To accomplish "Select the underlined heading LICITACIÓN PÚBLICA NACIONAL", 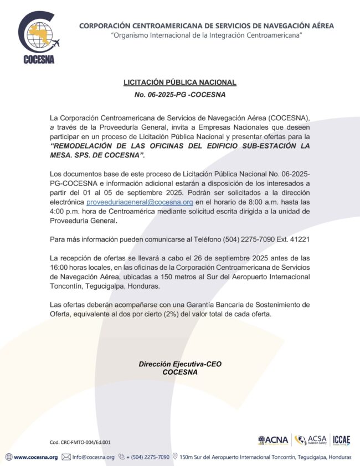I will point(180,83).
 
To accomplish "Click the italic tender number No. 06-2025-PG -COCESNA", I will point(180,95).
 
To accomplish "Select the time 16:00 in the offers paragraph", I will point(60,268).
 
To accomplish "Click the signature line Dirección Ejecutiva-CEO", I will point(180,364).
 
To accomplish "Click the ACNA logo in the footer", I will point(272,440).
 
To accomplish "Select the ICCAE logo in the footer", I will point(341,440).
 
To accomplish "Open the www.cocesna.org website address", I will point(35,457).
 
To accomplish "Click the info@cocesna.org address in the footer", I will point(93,457).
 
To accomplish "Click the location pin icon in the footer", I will point(176,457).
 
